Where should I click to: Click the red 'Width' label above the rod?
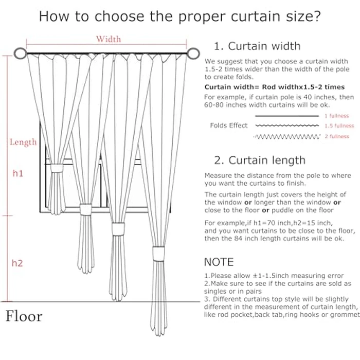click(109, 39)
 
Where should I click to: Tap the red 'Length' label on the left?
click(23, 142)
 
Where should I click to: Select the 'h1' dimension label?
click(18, 174)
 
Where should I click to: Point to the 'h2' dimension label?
click(17, 263)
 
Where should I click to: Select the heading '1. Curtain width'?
click(257, 46)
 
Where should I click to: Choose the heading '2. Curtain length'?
click(260, 160)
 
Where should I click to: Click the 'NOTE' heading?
click(219, 262)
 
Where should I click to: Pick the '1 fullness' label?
click(336, 116)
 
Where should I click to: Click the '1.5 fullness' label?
click(339, 126)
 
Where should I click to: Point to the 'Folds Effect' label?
click(228, 125)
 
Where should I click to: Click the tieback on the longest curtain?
click(157, 254)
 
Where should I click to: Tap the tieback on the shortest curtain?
click(85, 209)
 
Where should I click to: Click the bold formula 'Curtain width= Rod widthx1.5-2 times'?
click(275, 87)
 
